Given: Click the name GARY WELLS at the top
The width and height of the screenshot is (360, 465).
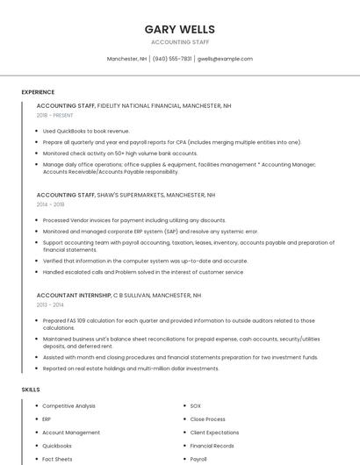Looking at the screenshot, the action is point(180,29).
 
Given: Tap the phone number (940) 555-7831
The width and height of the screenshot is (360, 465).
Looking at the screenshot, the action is point(172,59).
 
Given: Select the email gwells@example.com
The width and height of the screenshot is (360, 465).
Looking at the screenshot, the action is point(225,59).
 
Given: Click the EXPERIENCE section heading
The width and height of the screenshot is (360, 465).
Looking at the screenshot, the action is point(38,92).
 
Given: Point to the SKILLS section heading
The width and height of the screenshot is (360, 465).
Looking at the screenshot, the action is point(31,389).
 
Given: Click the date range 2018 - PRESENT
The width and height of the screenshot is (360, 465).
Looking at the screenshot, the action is point(55,115).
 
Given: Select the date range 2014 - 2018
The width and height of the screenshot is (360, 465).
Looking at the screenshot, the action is point(50,204).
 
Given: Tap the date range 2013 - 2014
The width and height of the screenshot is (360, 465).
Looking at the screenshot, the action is point(50,304).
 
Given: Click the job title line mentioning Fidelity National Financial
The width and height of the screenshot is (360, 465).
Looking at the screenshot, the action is point(133,105).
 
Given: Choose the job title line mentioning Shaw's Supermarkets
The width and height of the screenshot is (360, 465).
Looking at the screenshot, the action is point(126,195).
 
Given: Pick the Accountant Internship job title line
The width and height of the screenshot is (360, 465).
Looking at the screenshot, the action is point(119,296).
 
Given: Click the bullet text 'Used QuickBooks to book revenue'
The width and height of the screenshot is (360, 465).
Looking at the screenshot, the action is point(86,131).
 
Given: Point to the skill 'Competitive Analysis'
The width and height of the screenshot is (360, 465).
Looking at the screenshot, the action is point(68,406).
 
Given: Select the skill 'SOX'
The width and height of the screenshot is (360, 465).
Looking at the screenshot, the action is point(196,406).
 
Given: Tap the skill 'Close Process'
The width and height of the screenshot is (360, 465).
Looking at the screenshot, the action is point(208,419).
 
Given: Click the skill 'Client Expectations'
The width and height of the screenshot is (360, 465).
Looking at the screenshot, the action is point(214,433).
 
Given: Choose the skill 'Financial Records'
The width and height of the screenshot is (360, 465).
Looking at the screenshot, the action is point(212,446).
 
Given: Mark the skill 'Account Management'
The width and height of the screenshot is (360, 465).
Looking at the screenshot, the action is point(71,433).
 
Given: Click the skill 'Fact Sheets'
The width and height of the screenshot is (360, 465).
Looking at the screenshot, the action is point(57,459).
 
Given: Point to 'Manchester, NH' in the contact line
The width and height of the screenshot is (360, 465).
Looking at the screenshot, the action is point(126,59).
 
